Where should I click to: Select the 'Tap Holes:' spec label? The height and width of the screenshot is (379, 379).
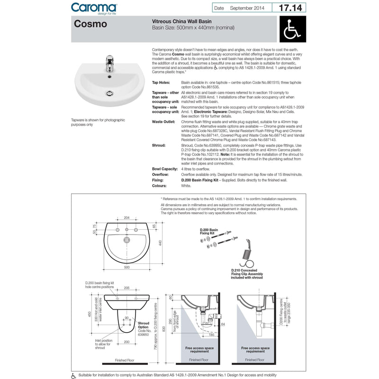click(162, 82)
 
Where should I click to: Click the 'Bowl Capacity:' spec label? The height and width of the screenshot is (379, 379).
click(165, 169)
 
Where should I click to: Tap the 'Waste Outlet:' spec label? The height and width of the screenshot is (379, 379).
click(164, 122)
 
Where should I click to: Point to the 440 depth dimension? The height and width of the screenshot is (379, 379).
click(160, 243)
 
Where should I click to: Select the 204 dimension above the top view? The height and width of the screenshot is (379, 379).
click(126, 217)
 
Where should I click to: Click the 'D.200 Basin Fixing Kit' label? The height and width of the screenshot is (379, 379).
click(211, 231)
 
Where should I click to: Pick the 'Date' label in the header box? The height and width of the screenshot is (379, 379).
click(219, 8)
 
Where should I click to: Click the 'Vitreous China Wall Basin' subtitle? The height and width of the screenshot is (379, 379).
click(181, 22)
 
